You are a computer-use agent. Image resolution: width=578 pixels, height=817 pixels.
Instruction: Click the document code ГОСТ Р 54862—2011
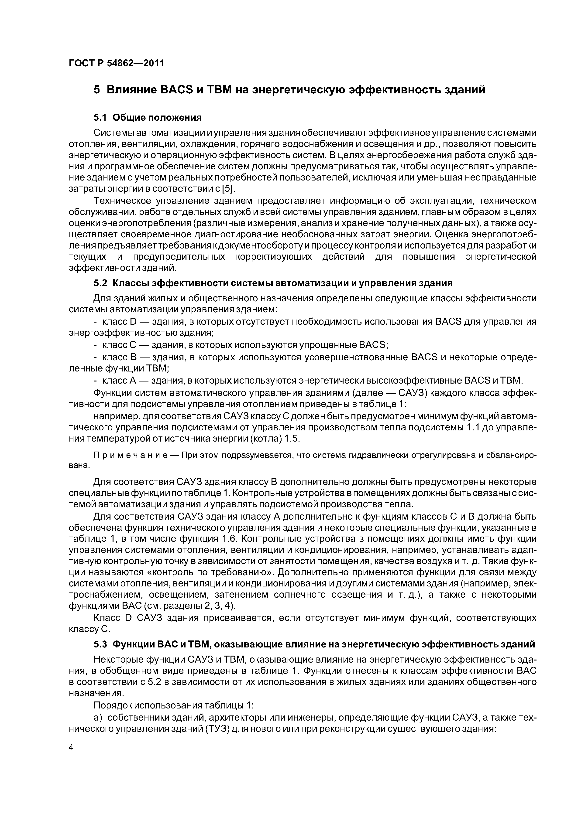tap(117, 63)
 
